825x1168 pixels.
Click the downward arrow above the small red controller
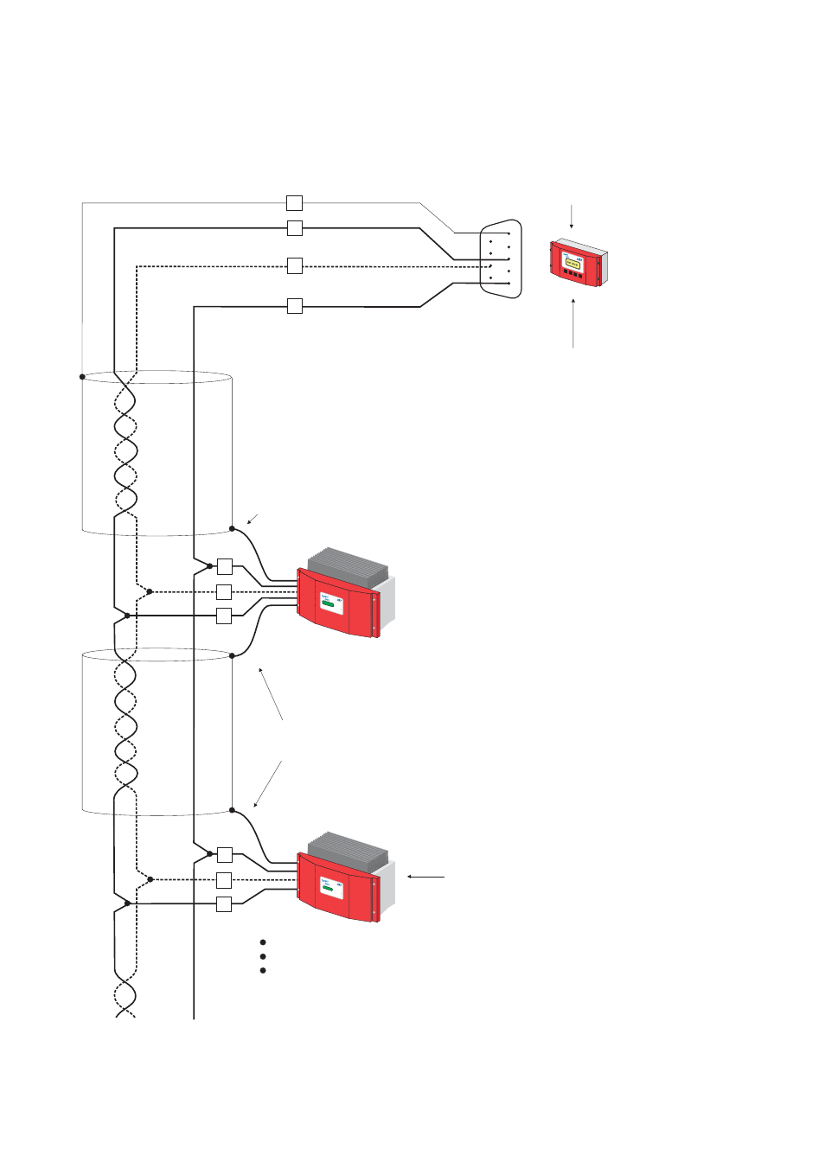(x=571, y=216)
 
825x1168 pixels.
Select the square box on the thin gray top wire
(x=294, y=203)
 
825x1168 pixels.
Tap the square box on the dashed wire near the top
(x=294, y=266)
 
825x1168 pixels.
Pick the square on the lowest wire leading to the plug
(x=294, y=305)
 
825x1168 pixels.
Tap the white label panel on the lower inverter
(x=331, y=887)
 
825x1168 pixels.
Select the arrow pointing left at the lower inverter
(x=425, y=877)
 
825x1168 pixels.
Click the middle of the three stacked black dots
(x=262, y=956)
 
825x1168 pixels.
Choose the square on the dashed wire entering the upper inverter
(x=224, y=592)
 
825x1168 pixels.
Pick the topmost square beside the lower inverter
(x=224, y=855)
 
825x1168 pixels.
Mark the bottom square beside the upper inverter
(x=224, y=616)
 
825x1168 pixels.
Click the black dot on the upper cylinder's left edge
(x=82, y=377)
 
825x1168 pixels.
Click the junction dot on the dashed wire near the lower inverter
(x=150, y=879)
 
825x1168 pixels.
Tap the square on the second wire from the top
(x=294, y=228)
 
